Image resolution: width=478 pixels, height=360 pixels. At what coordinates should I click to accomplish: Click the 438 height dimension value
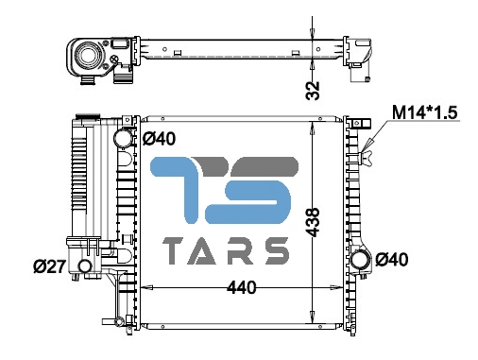point(313,222)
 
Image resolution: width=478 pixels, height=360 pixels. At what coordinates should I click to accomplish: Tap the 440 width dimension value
point(242,288)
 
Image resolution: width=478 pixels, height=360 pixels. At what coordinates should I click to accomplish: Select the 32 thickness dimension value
point(313,91)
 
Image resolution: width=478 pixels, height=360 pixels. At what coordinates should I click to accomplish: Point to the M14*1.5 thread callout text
point(424,112)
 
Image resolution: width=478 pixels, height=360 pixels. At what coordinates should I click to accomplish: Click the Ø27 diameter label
point(49,266)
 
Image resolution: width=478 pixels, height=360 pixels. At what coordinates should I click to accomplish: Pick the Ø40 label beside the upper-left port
point(159,139)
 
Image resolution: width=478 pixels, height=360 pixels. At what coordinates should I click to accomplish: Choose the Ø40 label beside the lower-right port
point(392,260)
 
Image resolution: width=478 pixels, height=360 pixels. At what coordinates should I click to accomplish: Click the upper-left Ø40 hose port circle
point(123,138)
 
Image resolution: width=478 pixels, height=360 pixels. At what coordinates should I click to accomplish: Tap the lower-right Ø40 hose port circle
point(360,260)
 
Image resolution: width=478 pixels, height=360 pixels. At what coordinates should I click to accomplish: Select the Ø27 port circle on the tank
point(85,266)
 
